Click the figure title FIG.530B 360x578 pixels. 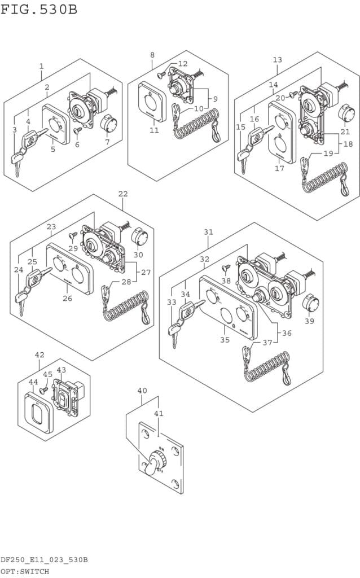(39, 10)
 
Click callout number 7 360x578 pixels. (107, 142)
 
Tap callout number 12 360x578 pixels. (183, 64)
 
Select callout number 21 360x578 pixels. (345, 132)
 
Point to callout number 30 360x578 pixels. (139, 254)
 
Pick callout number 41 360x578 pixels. (159, 414)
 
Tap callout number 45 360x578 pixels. (47, 374)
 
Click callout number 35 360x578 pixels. (225, 340)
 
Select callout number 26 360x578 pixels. (67, 298)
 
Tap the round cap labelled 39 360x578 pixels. (308, 303)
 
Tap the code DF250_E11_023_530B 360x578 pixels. (44, 560)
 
